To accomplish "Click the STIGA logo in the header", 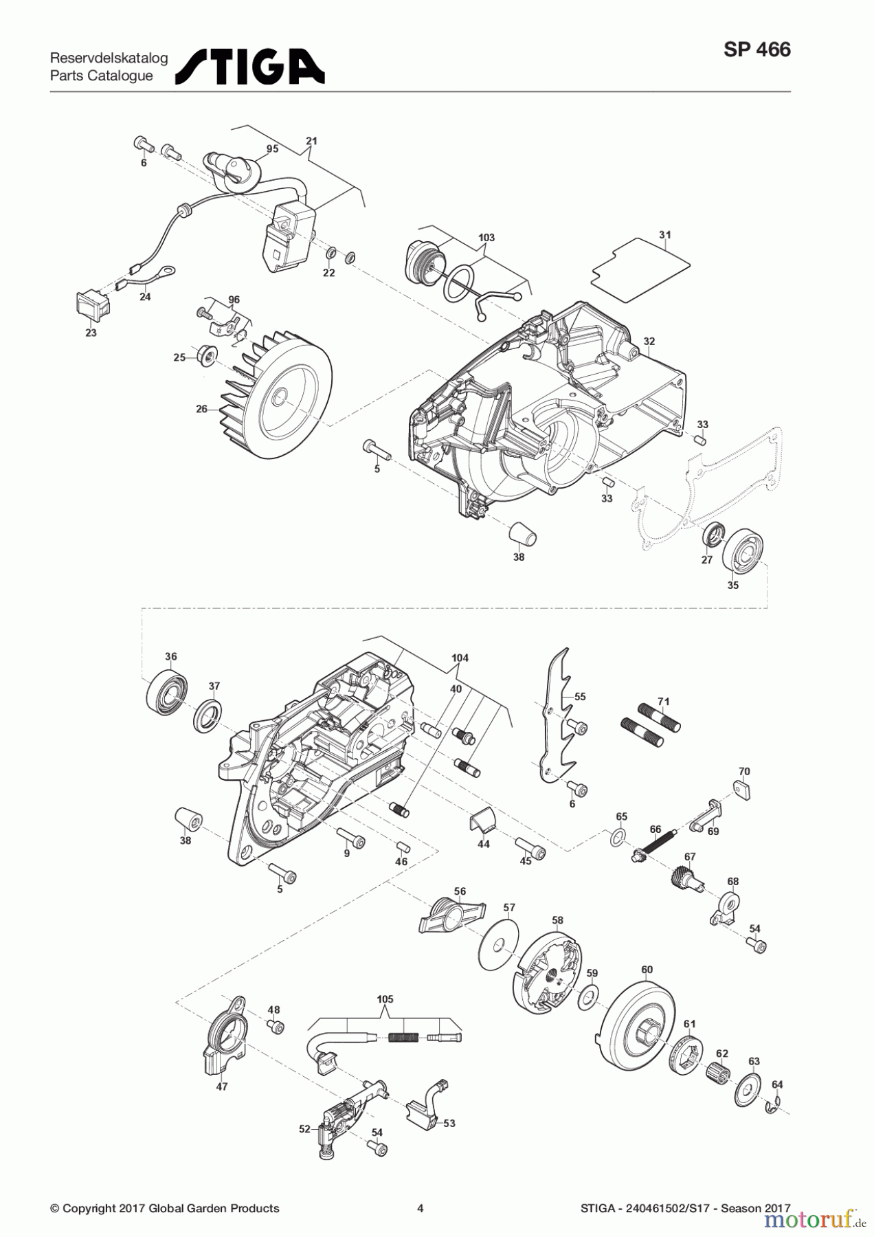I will [x=250, y=66].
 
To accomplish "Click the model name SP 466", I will [x=757, y=49].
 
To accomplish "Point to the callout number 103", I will [x=486, y=238].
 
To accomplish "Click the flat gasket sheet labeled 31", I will [x=640, y=265].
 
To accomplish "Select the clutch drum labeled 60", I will [x=633, y=1025].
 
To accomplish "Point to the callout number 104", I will [x=460, y=658].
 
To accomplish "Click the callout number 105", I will [x=385, y=999].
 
